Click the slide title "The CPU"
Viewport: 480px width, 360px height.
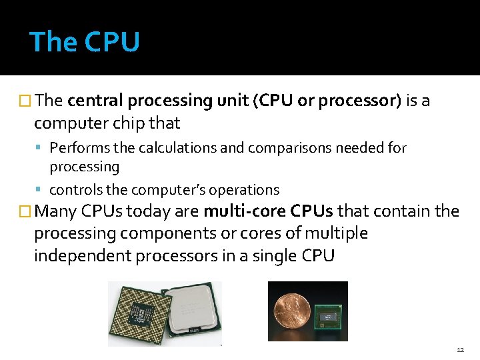(85, 42)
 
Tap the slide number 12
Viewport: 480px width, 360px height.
(460, 350)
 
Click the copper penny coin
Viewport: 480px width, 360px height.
(291, 311)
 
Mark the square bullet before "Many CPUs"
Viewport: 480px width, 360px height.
(25, 212)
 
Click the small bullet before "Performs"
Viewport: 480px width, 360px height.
(42, 148)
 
